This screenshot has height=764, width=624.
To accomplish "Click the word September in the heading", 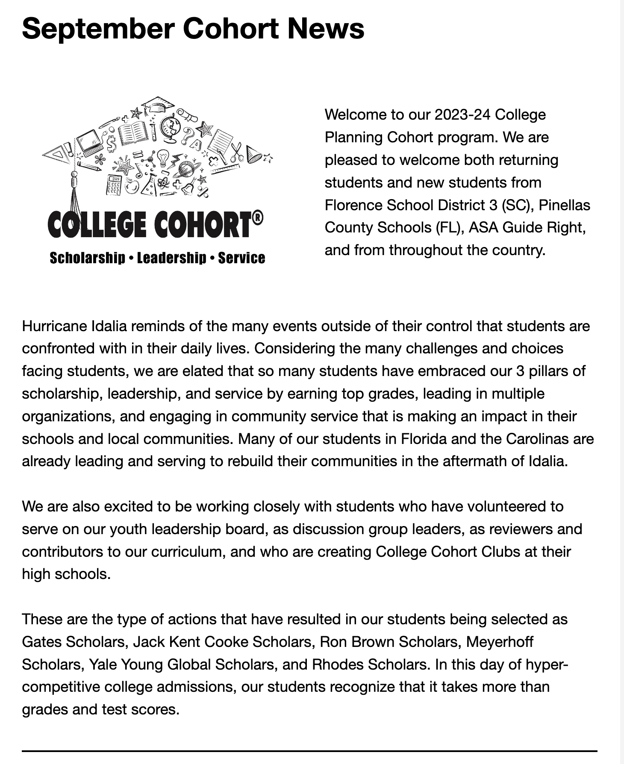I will (98, 29).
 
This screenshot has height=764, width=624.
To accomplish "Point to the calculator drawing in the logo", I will (114, 185).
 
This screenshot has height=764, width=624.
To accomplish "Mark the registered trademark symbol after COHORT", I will (257, 219).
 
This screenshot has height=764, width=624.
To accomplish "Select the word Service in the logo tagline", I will (241, 258).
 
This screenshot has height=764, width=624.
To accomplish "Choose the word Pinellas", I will (564, 205).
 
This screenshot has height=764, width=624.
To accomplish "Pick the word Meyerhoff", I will (499, 642).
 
